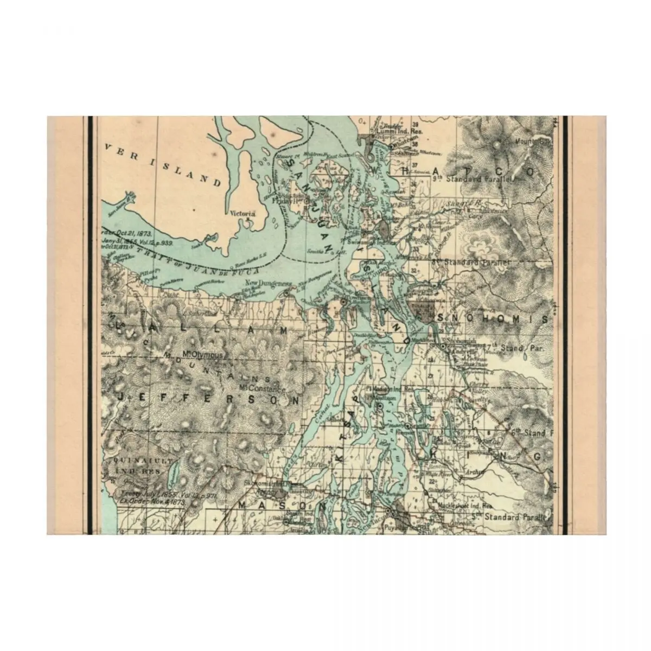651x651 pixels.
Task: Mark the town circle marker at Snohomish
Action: [x=443, y=346]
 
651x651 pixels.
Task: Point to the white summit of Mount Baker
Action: [x=496, y=144]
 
